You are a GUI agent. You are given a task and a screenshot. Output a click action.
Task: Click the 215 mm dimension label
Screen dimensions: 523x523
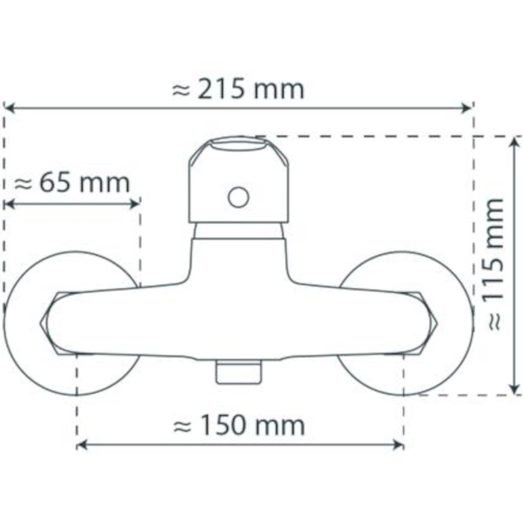tap(238, 90)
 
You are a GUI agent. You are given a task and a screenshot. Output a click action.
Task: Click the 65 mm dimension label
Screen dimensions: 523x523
tap(72, 183)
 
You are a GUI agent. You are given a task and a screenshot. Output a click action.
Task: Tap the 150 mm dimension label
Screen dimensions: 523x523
tap(239, 425)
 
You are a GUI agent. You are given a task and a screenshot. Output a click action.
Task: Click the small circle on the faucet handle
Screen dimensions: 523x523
tap(238, 197)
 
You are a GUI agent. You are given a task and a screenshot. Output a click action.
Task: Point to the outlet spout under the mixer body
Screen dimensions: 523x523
tap(238, 372)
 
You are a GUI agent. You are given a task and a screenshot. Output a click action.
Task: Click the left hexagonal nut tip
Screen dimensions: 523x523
tap(41, 323)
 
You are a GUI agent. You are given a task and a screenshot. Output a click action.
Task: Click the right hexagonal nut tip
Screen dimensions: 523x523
tap(437, 323)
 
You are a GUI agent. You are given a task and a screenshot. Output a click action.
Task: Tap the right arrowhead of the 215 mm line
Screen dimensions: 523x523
tap(467, 108)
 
